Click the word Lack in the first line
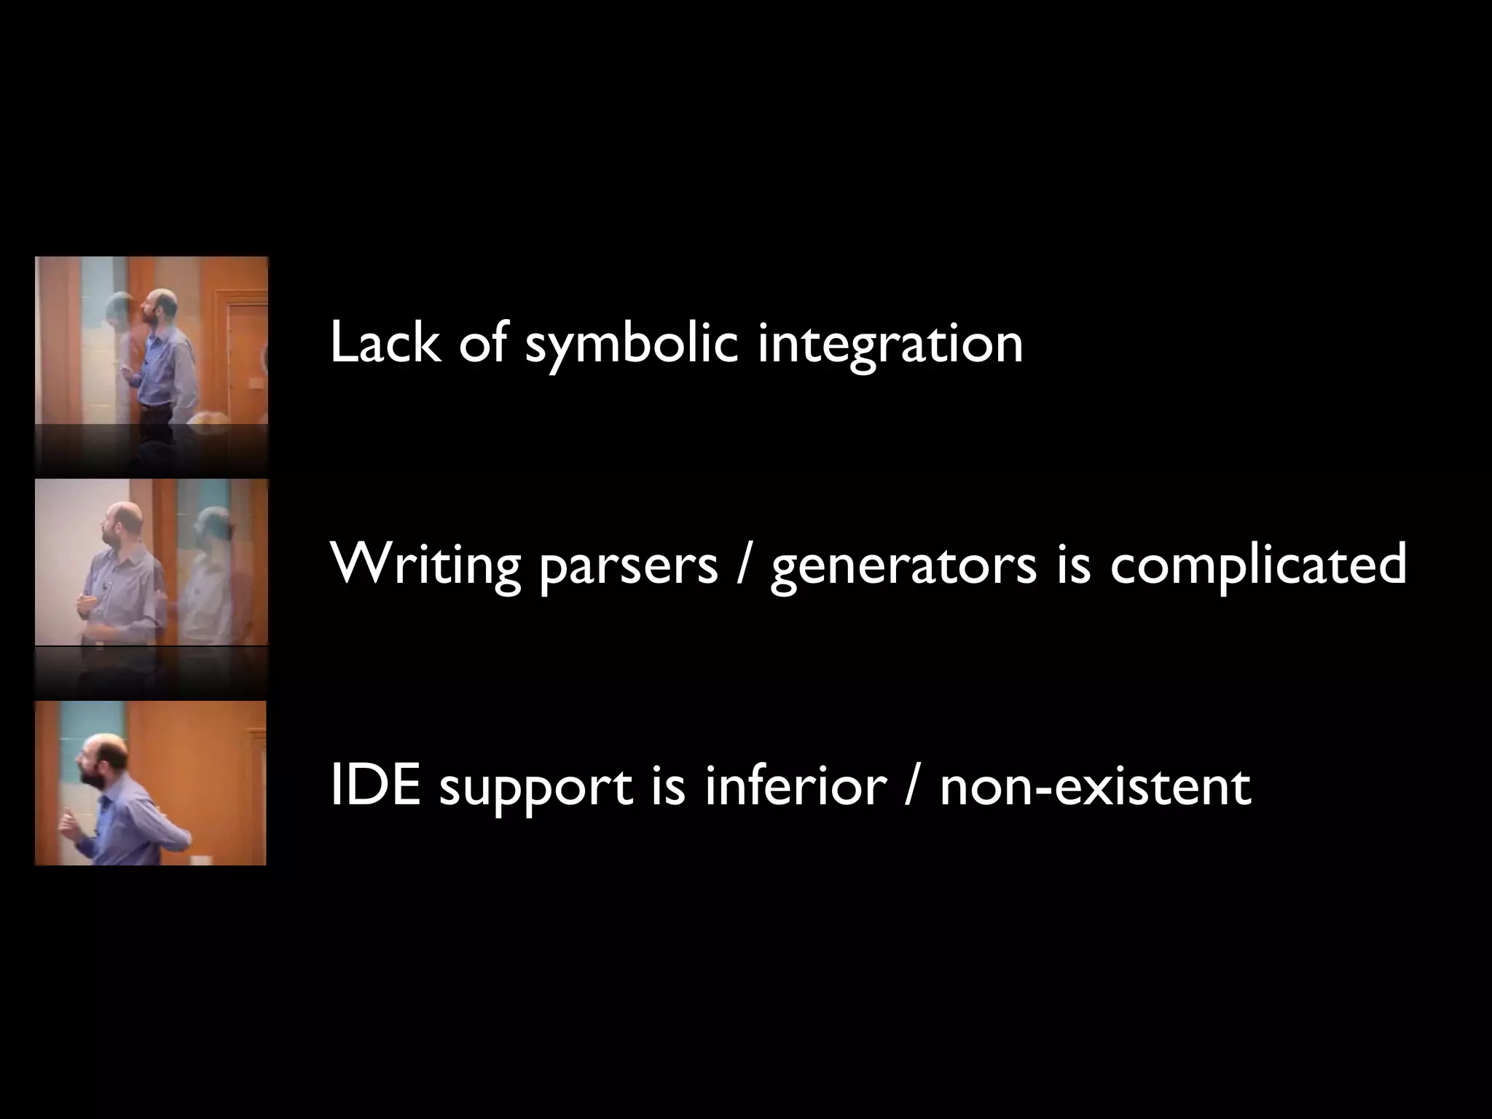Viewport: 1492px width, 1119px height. point(385,342)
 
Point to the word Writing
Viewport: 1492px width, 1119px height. point(425,565)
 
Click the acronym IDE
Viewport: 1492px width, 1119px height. point(375,787)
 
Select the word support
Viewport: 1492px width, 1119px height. point(535,790)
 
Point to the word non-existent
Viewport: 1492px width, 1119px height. point(1095,787)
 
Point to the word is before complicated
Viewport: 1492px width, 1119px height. point(1072,565)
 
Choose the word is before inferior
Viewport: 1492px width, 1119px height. point(668,787)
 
